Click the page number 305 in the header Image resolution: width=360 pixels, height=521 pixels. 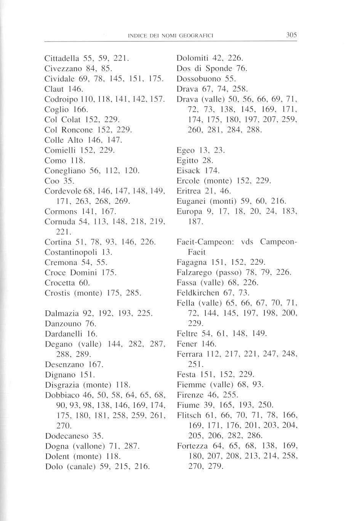click(291, 35)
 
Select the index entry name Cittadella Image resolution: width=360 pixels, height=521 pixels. click(61, 59)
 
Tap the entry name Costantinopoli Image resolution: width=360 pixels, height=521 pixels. click(72, 252)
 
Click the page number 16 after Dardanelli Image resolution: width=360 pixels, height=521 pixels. click(93, 334)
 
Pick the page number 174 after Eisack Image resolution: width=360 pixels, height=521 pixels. click(212, 170)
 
